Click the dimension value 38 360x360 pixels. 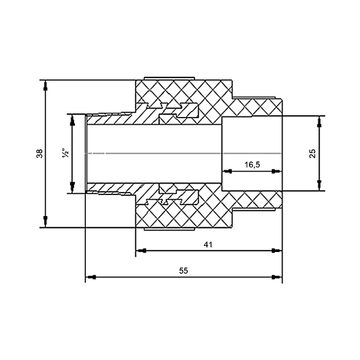(40, 154)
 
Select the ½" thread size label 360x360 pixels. (65, 154)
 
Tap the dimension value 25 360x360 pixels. (313, 154)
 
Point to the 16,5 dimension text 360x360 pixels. (252, 164)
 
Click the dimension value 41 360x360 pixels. (208, 245)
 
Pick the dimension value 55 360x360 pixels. (184, 271)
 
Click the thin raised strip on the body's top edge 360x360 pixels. (169, 79)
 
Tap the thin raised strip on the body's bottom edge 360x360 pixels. (169, 229)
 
